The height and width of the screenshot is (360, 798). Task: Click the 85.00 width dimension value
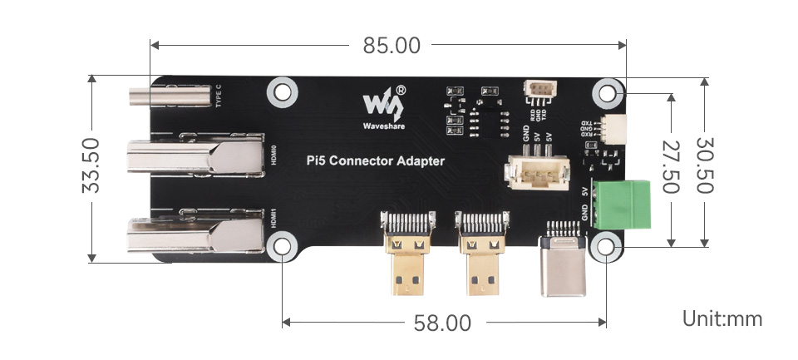[392, 46]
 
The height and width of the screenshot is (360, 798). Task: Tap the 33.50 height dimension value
[91, 166]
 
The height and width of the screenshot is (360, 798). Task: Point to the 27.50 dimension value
[671, 167]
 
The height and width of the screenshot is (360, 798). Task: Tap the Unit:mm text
[722, 318]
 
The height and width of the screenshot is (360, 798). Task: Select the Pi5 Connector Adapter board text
[376, 161]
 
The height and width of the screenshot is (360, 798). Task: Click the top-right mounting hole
[607, 91]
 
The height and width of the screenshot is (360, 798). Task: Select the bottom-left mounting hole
[283, 246]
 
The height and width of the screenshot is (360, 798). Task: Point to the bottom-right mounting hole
[607, 246]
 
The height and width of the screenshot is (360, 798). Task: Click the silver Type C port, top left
[170, 97]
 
